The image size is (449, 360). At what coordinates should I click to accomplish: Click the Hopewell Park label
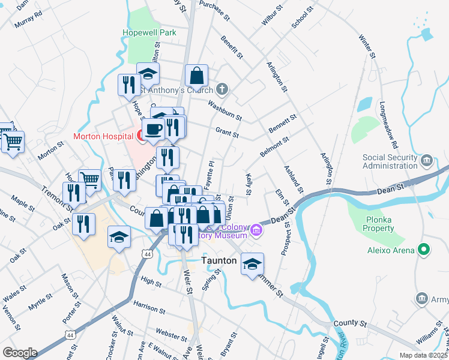(149, 32)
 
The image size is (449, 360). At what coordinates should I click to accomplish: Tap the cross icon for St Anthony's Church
(223, 90)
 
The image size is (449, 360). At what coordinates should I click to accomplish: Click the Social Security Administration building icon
(427, 160)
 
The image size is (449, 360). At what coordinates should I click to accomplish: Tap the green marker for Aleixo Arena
(424, 249)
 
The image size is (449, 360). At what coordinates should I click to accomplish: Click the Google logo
(19, 353)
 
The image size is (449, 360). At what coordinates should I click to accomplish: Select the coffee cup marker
(153, 129)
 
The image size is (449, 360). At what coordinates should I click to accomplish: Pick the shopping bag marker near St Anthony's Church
(196, 76)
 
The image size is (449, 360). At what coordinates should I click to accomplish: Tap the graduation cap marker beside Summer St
(252, 264)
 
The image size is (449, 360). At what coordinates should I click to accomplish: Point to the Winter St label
(367, 47)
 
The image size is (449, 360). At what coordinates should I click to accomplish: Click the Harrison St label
(149, 307)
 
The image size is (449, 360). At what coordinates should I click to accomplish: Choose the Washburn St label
(224, 110)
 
